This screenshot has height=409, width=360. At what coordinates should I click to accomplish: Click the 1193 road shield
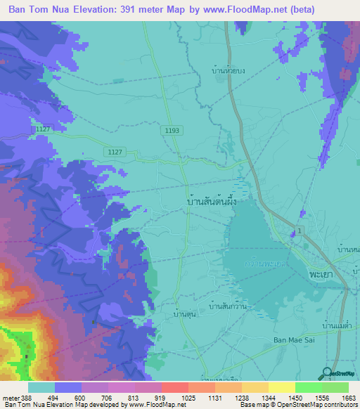[173, 131]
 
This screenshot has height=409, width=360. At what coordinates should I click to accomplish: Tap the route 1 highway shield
[300, 232]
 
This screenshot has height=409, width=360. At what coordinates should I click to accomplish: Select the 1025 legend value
[188, 398]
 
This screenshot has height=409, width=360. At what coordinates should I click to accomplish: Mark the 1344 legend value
[269, 398]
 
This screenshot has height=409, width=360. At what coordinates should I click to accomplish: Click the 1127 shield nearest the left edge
[44, 129]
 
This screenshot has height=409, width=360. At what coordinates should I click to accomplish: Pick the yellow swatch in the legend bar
[281, 387]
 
